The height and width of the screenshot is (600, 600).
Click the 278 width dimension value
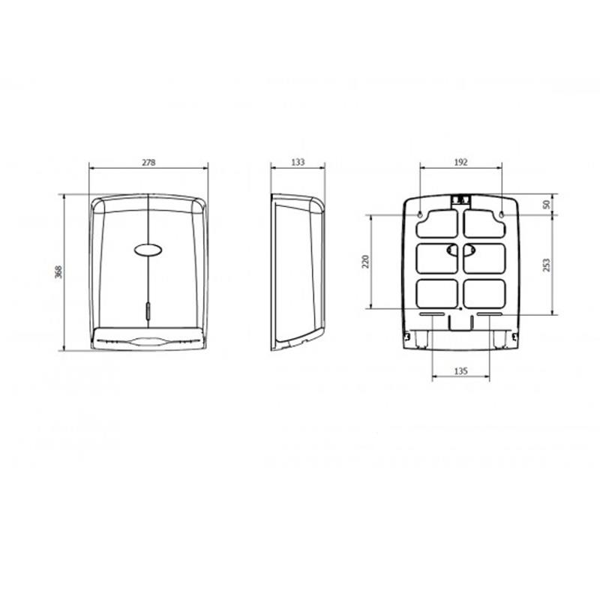click(148, 162)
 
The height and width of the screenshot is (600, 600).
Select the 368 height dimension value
click(58, 271)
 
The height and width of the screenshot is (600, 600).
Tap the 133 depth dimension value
click(298, 162)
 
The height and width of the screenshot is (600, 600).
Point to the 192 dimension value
click(461, 162)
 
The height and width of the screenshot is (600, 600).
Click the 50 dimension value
click(547, 204)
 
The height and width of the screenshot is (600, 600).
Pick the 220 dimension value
click(365, 261)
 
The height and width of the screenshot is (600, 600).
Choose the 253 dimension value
click(547, 265)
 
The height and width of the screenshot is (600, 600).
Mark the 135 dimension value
click(460, 370)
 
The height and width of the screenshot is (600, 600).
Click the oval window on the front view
click(148, 250)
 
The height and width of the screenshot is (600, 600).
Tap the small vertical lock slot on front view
click(148, 310)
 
